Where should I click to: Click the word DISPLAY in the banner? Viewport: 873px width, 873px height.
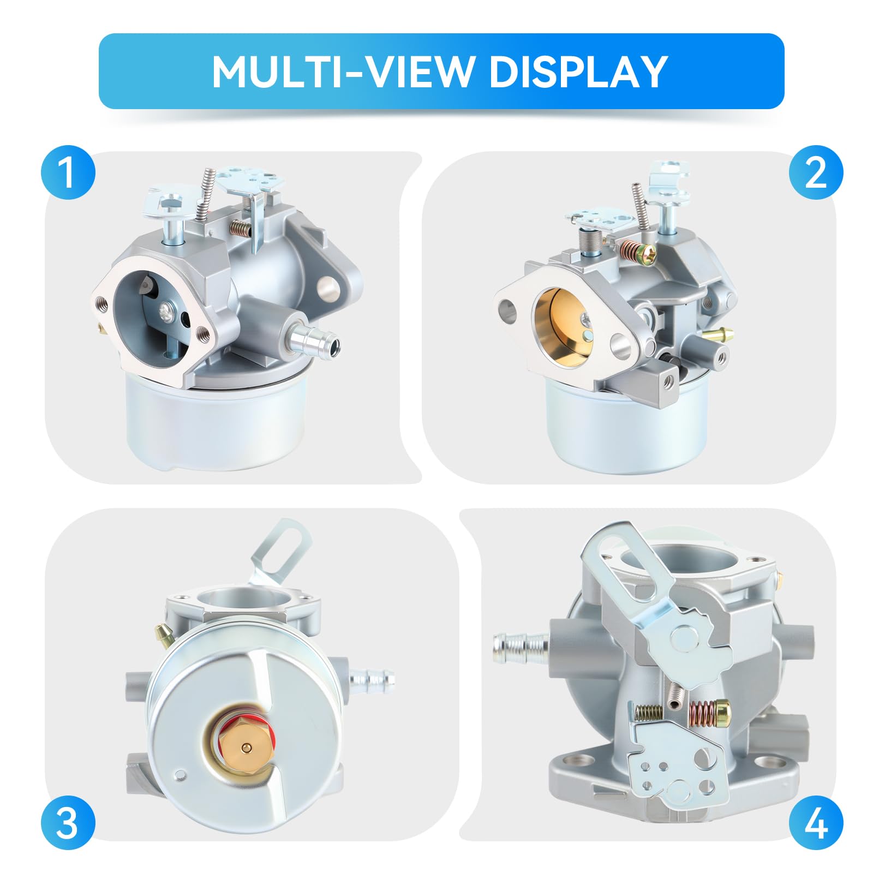[579, 71]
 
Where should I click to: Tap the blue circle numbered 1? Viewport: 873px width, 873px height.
[68, 172]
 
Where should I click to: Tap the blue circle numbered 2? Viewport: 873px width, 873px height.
[816, 172]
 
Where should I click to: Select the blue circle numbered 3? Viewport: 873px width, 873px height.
[68, 823]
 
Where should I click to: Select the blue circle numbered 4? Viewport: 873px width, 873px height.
[816, 823]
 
